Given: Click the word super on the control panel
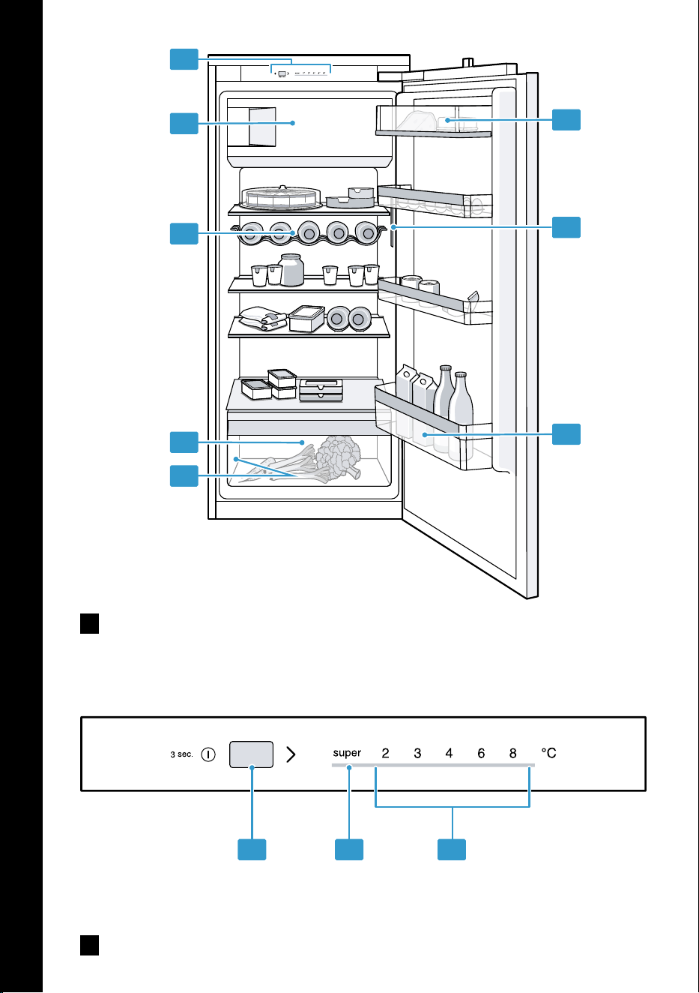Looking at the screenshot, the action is (347, 753).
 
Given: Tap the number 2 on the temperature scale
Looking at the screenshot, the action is (385, 753).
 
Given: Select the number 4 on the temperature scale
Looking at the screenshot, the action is (449, 753).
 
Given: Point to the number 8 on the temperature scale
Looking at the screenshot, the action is (513, 753).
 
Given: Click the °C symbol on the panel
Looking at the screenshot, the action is (548, 753).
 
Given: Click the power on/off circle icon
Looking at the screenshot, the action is (208, 754).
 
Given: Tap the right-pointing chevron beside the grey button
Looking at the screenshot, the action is (291, 754).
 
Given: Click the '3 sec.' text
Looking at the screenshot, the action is (181, 754).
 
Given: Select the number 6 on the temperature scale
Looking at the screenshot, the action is (481, 753).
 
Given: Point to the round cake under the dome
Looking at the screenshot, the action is (281, 196).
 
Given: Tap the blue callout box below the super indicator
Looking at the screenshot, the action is (349, 849).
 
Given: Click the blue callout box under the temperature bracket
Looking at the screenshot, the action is (452, 849).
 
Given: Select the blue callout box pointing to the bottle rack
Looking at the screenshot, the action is (184, 233).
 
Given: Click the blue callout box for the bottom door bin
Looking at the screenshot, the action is (566, 434).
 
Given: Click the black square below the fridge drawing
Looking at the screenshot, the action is (89, 624).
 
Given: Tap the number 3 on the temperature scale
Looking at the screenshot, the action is (417, 753).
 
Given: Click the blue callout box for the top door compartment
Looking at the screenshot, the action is (566, 120).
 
